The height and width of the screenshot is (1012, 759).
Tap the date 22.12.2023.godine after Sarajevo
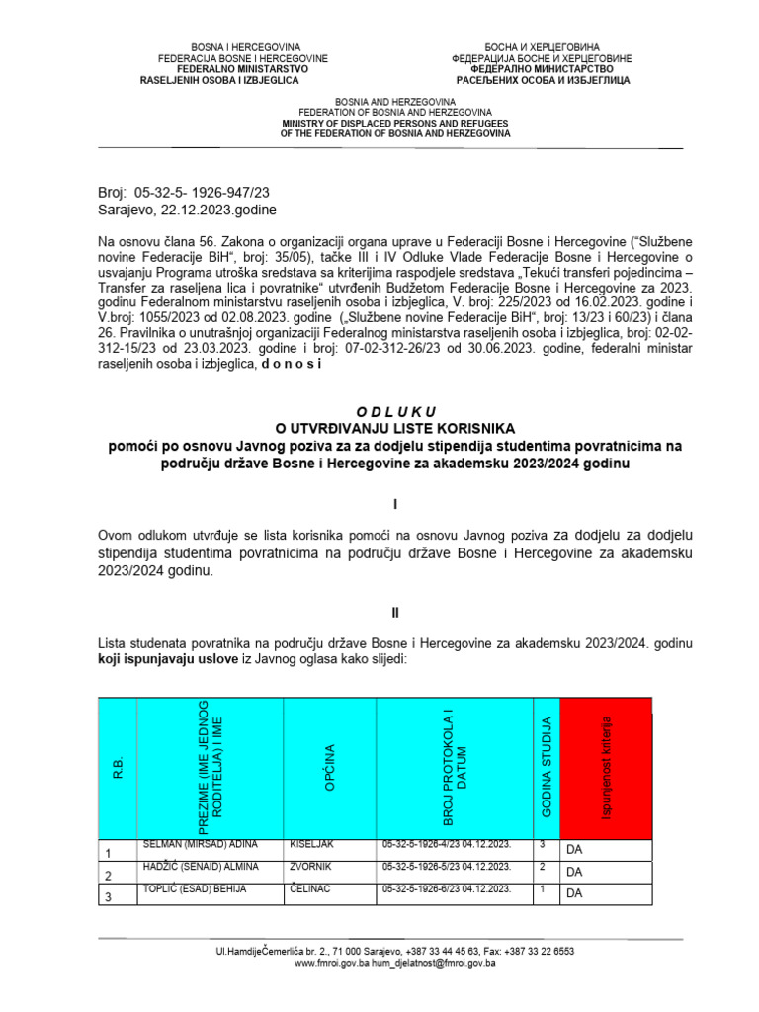(x=220, y=211)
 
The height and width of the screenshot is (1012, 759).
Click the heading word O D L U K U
(x=394, y=411)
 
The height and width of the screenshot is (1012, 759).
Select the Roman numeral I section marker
(x=394, y=504)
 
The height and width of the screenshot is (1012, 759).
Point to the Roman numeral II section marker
(x=394, y=613)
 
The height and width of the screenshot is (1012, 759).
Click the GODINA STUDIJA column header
(x=547, y=767)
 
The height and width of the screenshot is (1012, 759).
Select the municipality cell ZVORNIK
(x=312, y=867)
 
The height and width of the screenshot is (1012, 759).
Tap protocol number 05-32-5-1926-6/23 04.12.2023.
(x=446, y=889)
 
